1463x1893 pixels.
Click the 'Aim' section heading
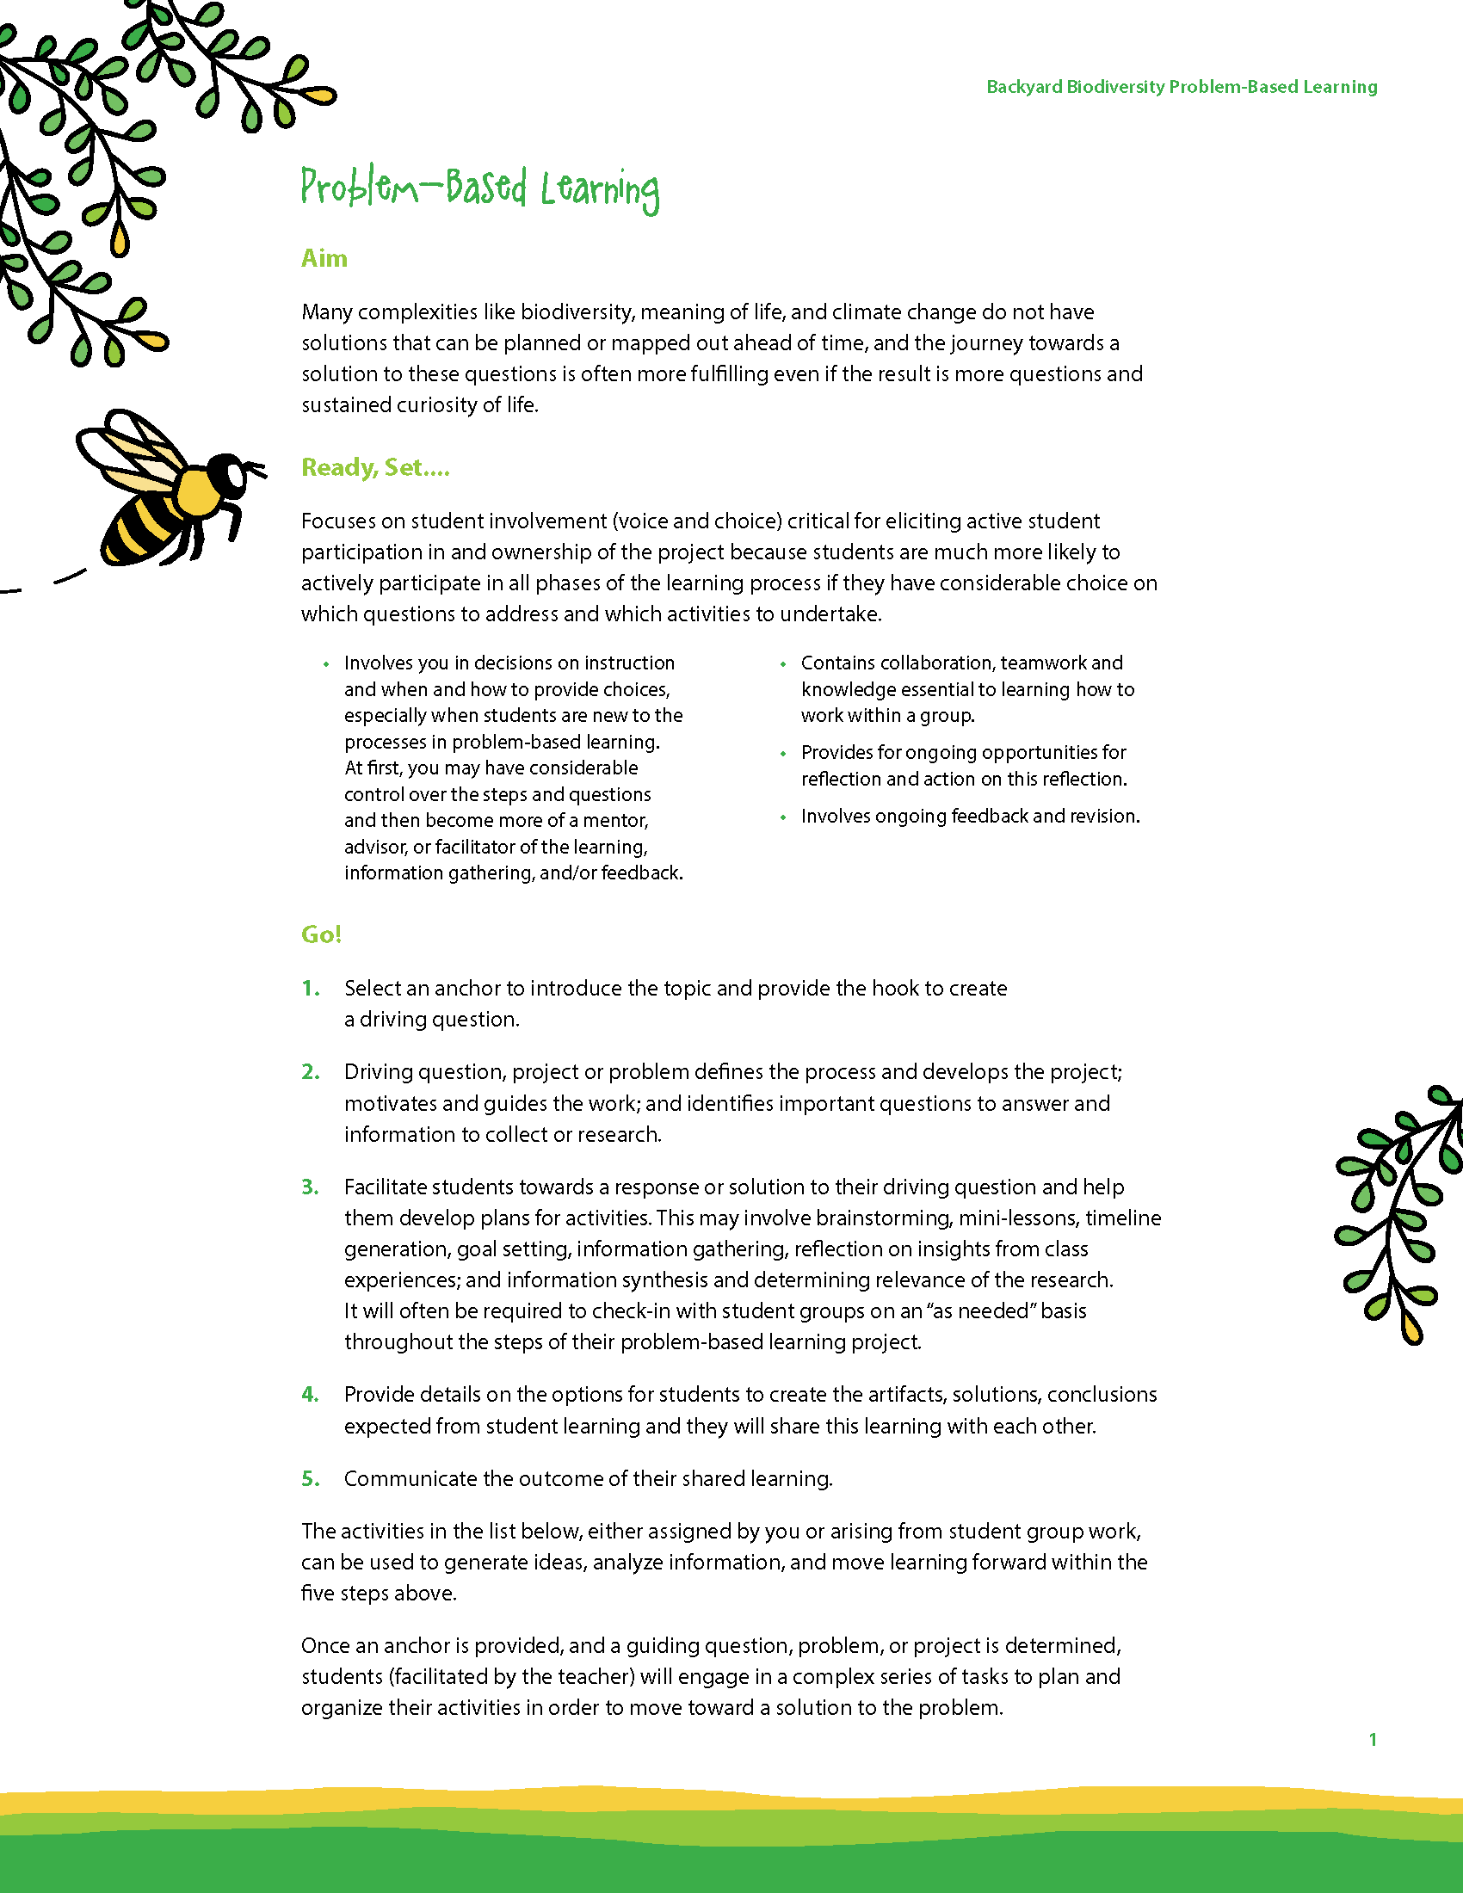coord(324,258)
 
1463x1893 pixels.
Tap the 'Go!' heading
coord(321,934)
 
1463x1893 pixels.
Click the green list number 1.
coord(311,988)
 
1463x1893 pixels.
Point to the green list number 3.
coord(311,1187)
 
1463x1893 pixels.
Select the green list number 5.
coord(311,1477)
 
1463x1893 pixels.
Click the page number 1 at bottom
coord(1372,1739)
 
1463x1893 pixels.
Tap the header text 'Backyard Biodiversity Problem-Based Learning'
coord(1182,87)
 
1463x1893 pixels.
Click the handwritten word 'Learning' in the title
coord(600,190)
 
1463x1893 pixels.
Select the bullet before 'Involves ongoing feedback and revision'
coord(782,817)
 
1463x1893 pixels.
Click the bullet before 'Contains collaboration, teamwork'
coord(782,664)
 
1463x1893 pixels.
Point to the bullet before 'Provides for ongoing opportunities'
coord(782,753)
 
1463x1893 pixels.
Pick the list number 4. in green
coord(311,1394)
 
